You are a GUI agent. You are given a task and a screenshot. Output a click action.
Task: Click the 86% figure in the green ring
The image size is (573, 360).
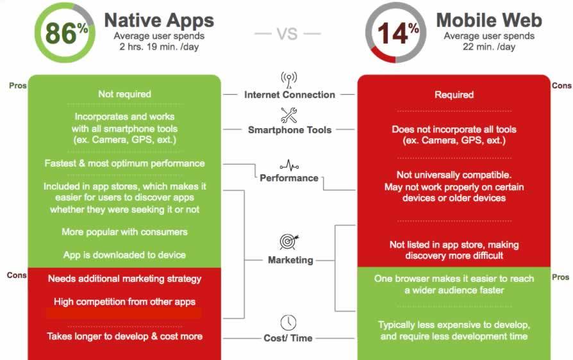(67, 33)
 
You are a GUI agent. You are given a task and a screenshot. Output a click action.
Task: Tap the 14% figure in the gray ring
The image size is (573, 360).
(398, 33)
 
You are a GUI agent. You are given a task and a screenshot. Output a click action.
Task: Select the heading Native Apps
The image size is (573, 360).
(159, 20)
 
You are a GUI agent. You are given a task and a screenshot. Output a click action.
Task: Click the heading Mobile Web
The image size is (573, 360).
(489, 20)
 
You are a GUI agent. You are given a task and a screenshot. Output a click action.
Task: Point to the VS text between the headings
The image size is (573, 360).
(287, 34)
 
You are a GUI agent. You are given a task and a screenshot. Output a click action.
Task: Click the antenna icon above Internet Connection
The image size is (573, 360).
(289, 80)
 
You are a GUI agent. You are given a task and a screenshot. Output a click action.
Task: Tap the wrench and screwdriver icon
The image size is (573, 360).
(289, 115)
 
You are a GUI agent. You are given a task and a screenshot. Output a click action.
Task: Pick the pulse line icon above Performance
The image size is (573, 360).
(290, 166)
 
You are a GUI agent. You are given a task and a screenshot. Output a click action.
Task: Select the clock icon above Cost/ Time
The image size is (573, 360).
(288, 323)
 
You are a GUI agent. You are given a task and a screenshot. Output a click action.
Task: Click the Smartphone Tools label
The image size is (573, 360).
(290, 130)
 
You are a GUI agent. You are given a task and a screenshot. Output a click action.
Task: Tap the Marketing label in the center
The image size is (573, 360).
(290, 260)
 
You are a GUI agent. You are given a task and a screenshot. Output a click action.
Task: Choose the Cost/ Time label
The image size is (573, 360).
(288, 338)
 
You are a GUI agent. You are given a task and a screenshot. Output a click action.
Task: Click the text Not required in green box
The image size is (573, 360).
(124, 94)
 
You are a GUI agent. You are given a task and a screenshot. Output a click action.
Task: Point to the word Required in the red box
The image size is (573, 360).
(454, 95)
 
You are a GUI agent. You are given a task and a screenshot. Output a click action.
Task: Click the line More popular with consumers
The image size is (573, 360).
(124, 232)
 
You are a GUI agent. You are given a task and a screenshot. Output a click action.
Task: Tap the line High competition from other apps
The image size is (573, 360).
(124, 302)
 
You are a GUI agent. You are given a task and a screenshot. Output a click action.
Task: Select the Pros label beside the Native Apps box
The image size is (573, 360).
(17, 85)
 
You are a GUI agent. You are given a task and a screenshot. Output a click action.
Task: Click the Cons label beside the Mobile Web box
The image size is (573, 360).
(561, 85)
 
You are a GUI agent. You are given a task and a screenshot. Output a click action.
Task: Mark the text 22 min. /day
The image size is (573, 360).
(489, 47)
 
